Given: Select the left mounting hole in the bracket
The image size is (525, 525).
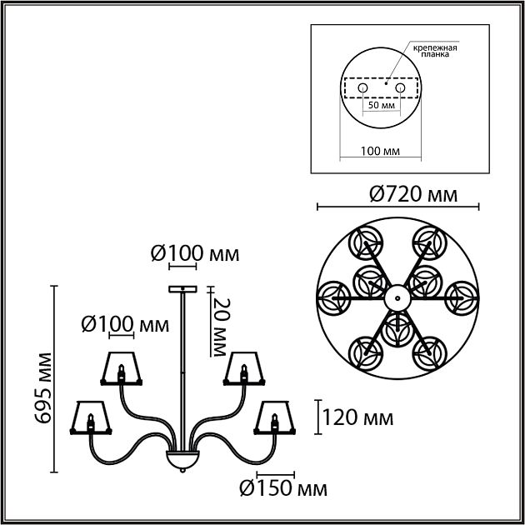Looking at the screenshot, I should tap(362, 88).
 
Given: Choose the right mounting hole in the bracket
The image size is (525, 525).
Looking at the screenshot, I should tap(399, 88).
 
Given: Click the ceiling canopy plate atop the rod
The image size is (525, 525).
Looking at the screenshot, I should tap(181, 289).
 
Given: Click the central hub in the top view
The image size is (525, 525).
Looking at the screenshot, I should tap(397, 296).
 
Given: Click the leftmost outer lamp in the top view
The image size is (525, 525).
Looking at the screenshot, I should tap(335, 296).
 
